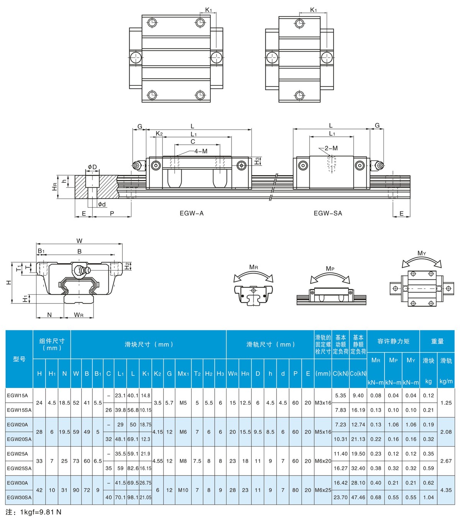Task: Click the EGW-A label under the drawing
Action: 191,213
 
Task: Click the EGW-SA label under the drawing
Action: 328,213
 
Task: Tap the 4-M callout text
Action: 201,151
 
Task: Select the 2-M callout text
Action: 331,148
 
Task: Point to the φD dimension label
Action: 92,167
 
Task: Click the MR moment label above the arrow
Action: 253,267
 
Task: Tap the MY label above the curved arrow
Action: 422,253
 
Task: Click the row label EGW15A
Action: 17,395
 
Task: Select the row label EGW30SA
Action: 19,497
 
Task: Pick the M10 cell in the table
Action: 183,490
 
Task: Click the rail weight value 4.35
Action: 446,490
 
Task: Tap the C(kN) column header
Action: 340,374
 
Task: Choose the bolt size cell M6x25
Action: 323,490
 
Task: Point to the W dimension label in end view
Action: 79,241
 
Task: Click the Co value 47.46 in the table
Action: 358,497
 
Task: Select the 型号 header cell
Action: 19,359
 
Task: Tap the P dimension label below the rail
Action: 112,213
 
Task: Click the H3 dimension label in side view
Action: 257,161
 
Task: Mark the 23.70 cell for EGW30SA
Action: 340,497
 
